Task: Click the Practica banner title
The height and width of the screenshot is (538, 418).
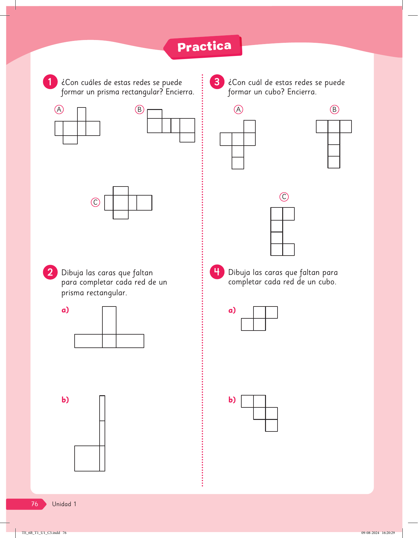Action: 204,47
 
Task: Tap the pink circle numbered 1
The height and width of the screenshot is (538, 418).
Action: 50,82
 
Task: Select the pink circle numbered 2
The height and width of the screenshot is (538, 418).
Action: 50,272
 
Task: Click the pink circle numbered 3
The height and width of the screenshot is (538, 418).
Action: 217,82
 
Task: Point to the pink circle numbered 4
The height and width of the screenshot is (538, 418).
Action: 217,272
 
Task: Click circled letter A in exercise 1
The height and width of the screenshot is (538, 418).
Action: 59,110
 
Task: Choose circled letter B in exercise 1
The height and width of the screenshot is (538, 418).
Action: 140,110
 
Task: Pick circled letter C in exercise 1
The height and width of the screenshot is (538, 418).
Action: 96,202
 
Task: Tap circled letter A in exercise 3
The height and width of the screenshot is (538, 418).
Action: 239,110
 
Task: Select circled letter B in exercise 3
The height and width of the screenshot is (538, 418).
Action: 334,110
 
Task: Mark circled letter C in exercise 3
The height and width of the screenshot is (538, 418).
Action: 284,197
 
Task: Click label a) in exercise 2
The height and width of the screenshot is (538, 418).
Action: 65,310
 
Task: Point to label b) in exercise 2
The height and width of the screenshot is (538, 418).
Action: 65,400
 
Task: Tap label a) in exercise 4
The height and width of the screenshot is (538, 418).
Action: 232,310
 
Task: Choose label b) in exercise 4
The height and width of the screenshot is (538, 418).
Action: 232,400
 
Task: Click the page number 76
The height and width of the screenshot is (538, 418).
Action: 35,504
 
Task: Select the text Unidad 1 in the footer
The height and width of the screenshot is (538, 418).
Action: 64,504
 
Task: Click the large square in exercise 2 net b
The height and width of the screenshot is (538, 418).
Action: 87,458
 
